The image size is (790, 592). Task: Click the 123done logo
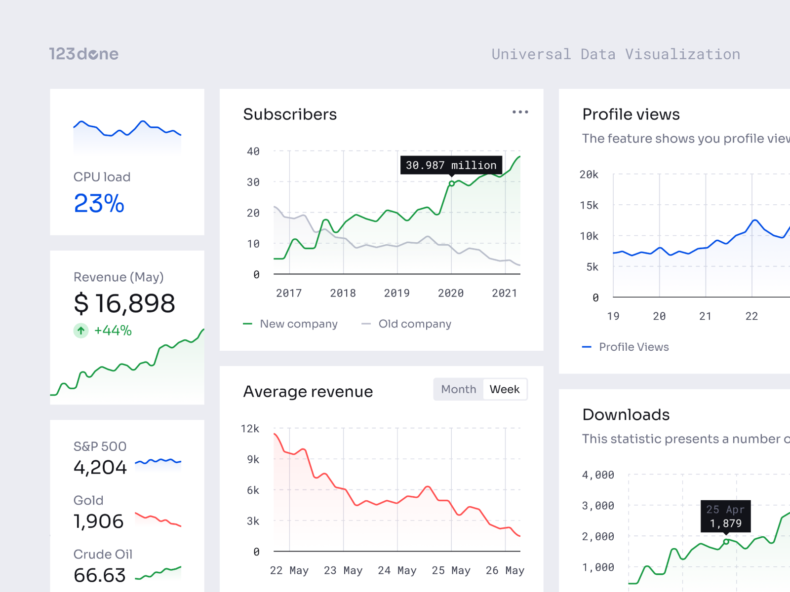[x=84, y=54]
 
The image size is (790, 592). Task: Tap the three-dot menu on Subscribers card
[x=520, y=112]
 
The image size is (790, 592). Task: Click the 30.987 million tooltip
[x=451, y=165]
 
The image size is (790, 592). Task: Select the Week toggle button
[x=504, y=389]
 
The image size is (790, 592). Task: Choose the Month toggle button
[x=458, y=389]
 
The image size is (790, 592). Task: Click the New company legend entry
[x=291, y=324]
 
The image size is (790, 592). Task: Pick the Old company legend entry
[x=407, y=324]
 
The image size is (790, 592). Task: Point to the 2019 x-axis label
[x=397, y=293]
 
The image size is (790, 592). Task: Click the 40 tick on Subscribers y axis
[x=253, y=151]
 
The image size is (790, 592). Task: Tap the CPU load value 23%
[x=99, y=203]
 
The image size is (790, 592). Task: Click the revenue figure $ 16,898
[x=124, y=303]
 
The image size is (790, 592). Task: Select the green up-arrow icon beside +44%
[x=81, y=331]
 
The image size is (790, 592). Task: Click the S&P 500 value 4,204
[x=100, y=467]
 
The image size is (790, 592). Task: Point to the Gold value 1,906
[x=99, y=521]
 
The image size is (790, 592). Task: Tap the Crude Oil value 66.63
[x=100, y=575]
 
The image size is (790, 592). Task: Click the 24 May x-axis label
[x=397, y=570]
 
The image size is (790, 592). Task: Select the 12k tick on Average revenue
[x=250, y=429]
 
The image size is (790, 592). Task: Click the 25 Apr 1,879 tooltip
[x=725, y=516]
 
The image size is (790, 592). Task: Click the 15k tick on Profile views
[x=589, y=205]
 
